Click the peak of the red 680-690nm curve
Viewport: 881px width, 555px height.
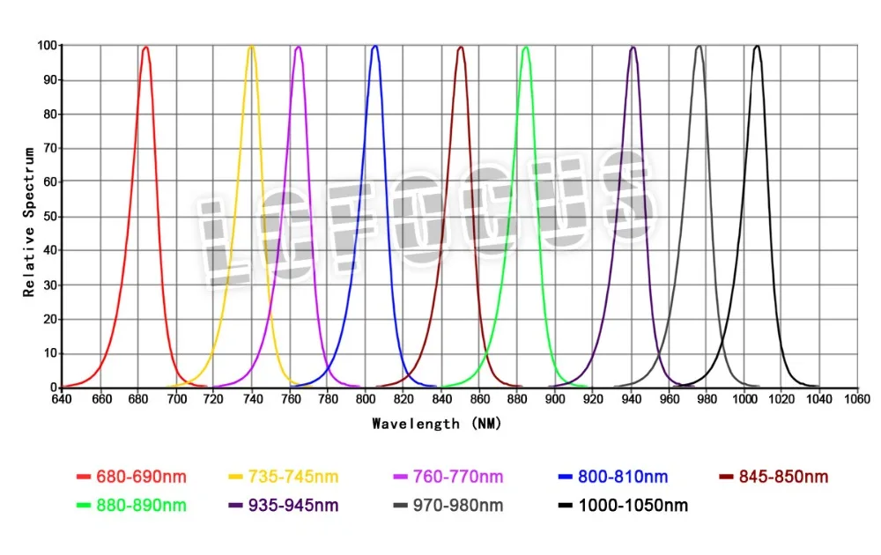click(145, 48)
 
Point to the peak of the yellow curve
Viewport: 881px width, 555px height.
click(251, 47)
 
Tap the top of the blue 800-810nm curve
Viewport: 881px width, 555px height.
click(375, 46)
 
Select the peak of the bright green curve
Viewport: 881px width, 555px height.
click(526, 47)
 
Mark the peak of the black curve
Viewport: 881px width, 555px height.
click(756, 46)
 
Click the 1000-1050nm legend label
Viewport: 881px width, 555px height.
click(633, 506)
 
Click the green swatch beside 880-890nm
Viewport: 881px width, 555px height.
click(84, 506)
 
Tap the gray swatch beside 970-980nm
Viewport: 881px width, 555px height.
click(402, 506)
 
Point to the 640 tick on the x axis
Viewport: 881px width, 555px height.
click(62, 399)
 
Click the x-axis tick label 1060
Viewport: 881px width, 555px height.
click(856, 399)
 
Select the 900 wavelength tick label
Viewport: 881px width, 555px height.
click(554, 399)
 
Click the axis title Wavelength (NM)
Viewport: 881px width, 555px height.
click(436, 424)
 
